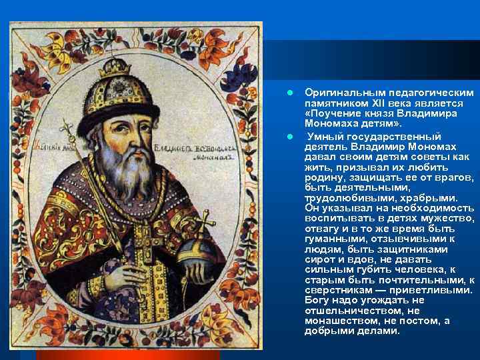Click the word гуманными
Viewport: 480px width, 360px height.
[x=333, y=239]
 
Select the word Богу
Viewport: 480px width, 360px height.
[x=317, y=300]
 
